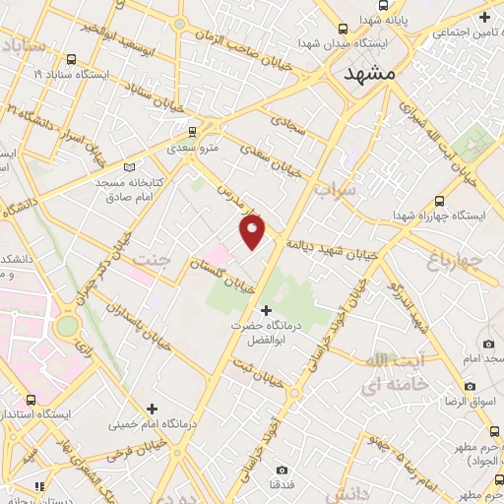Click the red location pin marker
coord(253,230)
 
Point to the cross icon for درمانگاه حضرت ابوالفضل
coord(265,310)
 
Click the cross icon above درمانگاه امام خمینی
coord(152,409)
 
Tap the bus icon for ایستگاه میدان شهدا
coord(343,30)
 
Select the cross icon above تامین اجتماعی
coord(484,17)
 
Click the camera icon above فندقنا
coord(283,470)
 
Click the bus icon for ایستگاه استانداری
coord(32,400)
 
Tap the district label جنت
coord(155,262)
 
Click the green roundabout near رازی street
coord(67,326)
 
